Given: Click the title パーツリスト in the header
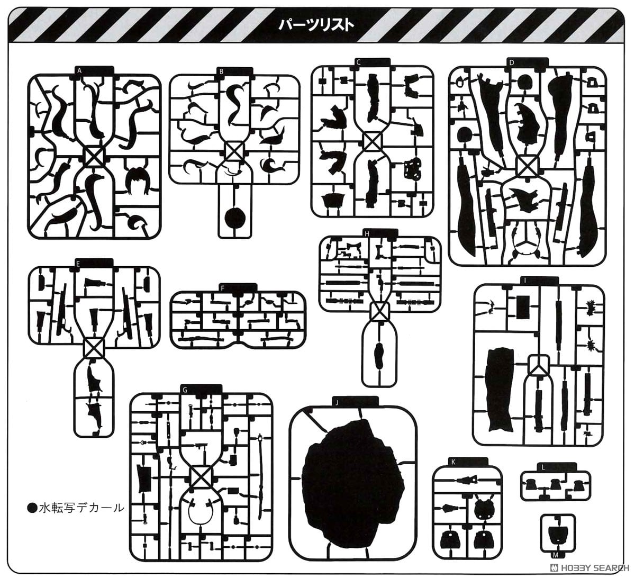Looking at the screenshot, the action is point(315,25).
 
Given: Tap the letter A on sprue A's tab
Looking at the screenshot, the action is point(79,71).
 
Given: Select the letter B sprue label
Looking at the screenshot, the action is point(221,72).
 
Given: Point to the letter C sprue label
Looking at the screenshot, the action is point(358,62).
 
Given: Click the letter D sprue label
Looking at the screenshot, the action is point(512,62).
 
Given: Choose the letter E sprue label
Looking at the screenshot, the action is point(78,263).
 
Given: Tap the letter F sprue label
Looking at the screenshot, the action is point(223,288).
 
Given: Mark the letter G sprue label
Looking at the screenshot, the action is point(185,390).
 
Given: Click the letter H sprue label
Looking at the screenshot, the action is point(367,234).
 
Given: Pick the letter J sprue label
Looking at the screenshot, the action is point(337,403).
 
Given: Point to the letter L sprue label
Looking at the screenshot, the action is point(543,467).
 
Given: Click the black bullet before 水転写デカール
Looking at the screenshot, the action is point(32,508).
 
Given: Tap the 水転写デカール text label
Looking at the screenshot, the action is point(81,508).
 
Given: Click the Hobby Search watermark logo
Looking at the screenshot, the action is point(588,567).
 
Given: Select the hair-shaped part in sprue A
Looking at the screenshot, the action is point(138,182).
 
